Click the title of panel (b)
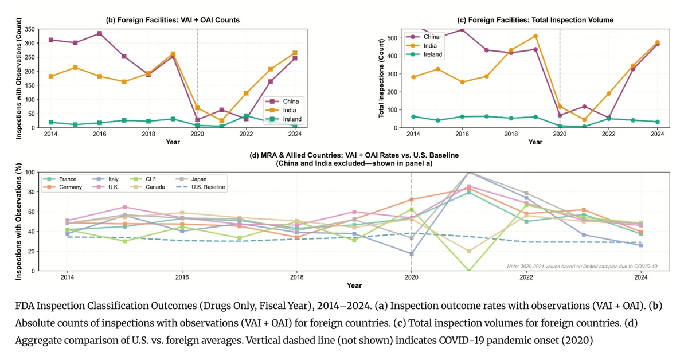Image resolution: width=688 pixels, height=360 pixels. click(x=173, y=20)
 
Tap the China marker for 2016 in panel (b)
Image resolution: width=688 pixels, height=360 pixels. click(x=100, y=33)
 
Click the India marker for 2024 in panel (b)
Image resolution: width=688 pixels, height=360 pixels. click(x=295, y=53)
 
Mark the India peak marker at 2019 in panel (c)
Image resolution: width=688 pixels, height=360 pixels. click(x=535, y=36)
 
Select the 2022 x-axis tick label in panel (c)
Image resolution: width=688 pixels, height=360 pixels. click(x=608, y=133)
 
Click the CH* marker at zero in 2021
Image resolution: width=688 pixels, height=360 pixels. click(x=470, y=271)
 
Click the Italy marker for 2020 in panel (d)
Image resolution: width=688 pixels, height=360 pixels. click(x=412, y=253)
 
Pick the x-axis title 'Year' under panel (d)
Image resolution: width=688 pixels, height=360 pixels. click(x=354, y=285)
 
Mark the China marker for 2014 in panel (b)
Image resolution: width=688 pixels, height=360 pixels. click(x=52, y=40)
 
